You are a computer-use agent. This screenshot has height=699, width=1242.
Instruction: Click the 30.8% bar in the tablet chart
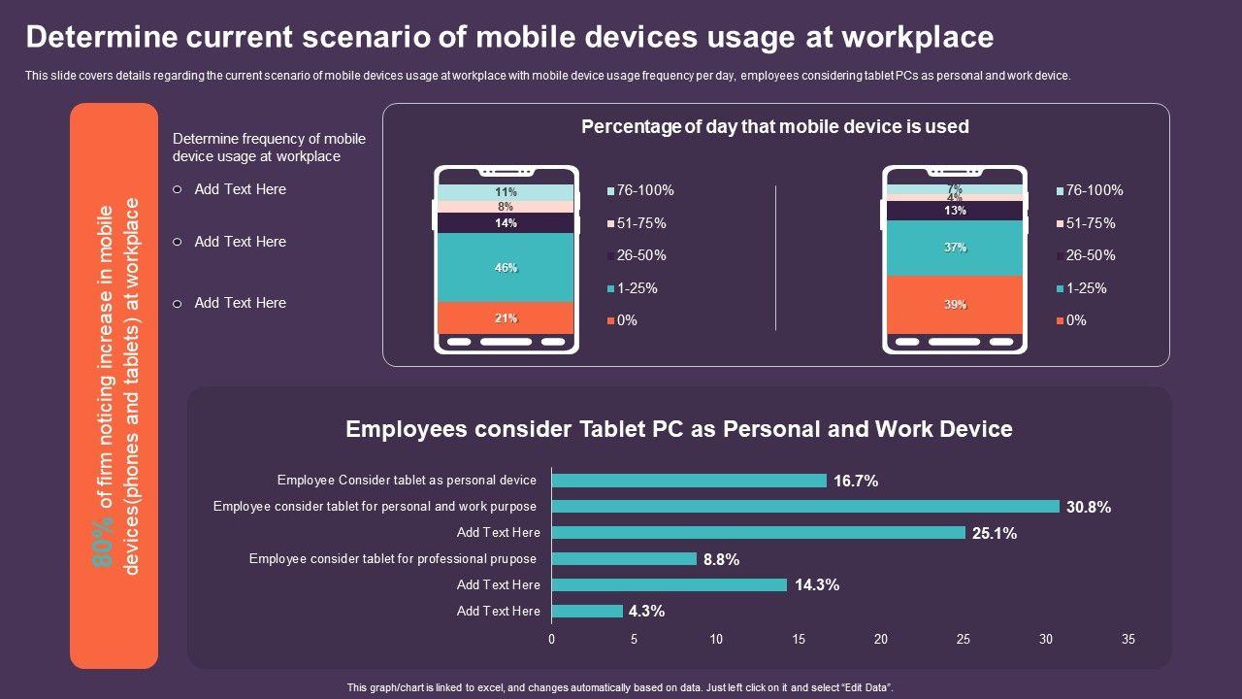coord(805,507)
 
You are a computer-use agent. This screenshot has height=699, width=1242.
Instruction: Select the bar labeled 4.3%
coord(587,611)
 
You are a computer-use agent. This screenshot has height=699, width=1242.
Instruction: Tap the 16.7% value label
coord(856,481)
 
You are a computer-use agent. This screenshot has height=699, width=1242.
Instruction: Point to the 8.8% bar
coord(624,559)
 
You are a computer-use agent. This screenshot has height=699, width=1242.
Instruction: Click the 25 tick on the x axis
coord(963,640)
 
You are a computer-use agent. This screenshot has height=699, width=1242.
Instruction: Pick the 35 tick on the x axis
coord(1128,640)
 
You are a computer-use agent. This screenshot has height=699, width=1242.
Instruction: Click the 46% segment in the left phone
coord(506,268)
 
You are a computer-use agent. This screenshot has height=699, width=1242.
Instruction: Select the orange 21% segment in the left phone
coord(506,318)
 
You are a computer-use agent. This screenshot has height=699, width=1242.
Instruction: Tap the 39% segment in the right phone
coord(955,305)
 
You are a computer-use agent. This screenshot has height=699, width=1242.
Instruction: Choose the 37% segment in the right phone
coord(955,248)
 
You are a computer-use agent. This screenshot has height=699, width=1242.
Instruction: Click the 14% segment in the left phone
coord(506,223)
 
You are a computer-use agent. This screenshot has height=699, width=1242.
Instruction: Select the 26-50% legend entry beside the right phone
coord(1090,256)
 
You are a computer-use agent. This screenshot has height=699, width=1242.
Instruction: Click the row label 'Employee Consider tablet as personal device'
coord(407,481)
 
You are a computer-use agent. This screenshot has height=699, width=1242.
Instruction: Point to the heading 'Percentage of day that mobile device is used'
coord(774,127)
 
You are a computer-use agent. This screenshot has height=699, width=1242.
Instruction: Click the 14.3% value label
coord(816,585)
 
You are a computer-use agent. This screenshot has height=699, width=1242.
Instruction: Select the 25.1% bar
coord(759,533)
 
